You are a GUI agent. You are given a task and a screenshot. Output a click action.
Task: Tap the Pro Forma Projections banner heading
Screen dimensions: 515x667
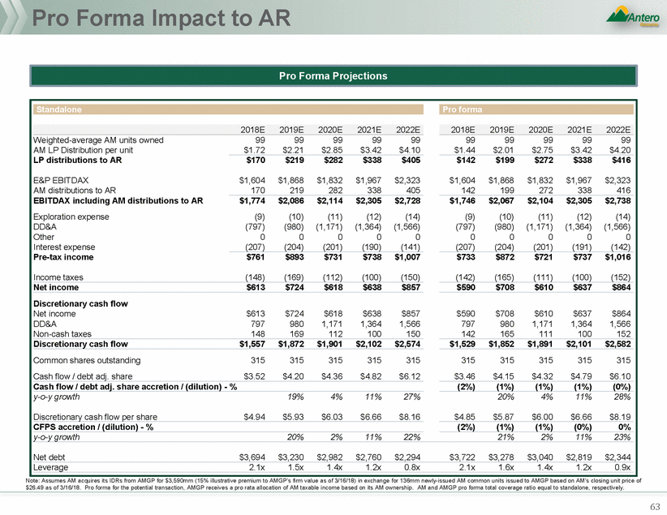[333, 75]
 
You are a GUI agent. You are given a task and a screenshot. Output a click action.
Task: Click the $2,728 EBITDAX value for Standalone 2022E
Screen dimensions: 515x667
[407, 200]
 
